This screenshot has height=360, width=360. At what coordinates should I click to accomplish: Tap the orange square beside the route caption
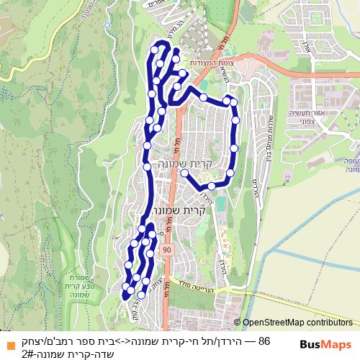(x=8, y=342)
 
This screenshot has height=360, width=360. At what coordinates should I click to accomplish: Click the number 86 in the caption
(x=264, y=341)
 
